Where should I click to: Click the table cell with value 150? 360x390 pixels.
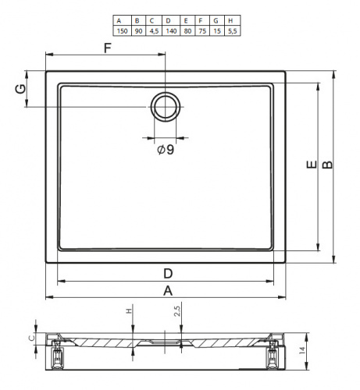123,31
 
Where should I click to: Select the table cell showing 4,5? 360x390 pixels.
154,31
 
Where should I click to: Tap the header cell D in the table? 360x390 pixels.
171,20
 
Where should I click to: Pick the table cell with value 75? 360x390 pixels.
202,31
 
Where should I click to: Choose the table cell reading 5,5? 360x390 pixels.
232,31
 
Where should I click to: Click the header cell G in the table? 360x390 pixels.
217,20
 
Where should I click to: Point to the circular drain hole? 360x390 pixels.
166,107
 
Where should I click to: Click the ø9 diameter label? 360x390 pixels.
166,150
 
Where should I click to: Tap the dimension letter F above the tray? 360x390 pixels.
108,48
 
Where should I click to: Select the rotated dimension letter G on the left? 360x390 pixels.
21,89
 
